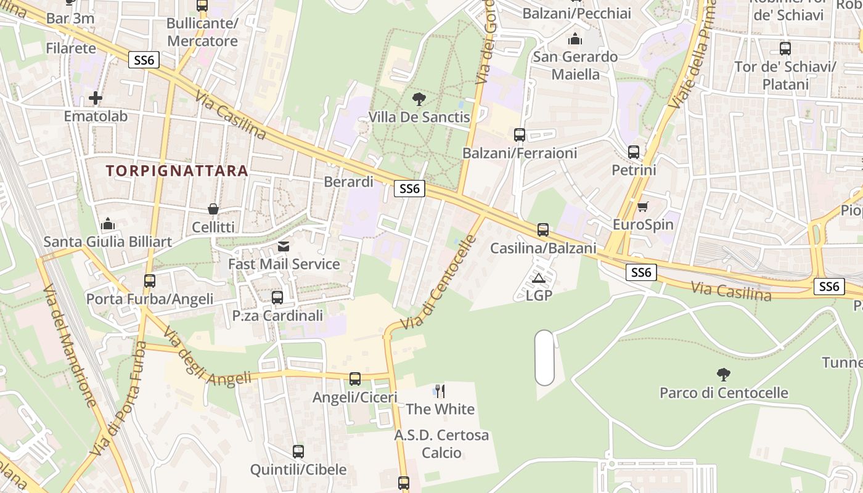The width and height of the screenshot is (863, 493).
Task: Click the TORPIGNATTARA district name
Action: tap(176, 171)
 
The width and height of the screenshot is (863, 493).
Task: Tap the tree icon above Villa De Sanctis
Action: tap(419, 99)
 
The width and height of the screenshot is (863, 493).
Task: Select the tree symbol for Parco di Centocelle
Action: tap(723, 374)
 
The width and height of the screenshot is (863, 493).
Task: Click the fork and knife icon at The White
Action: tap(440, 391)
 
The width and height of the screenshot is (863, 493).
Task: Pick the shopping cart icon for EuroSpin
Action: tap(642, 206)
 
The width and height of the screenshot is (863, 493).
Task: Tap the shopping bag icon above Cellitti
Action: tap(213, 209)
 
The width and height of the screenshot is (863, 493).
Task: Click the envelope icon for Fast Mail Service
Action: tap(284, 246)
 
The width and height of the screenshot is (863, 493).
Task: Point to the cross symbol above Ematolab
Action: tap(96, 98)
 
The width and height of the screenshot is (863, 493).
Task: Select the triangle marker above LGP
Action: tap(539, 278)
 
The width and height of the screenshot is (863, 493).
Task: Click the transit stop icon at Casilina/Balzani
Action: tap(542, 230)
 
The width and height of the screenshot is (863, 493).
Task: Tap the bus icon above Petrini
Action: tap(634, 152)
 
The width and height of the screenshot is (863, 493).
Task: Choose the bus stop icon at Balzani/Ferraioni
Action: tap(520, 135)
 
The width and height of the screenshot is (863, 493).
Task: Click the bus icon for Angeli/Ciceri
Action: tap(355, 379)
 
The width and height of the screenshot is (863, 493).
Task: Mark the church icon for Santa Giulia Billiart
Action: tap(108, 224)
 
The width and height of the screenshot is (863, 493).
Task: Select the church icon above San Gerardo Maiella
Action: tap(575, 39)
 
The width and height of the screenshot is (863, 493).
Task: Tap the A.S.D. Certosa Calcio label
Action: tap(441, 444)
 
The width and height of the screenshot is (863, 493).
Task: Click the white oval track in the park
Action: tap(544, 358)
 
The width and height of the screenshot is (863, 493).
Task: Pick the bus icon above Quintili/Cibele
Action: tap(298, 452)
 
